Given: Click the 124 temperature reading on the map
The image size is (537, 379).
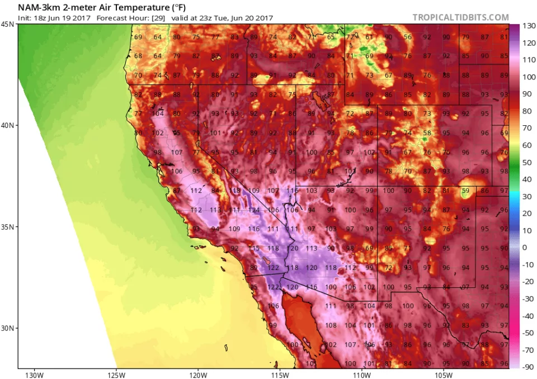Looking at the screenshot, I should tap(255, 210).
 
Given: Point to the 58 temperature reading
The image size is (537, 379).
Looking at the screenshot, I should tap(427, 133).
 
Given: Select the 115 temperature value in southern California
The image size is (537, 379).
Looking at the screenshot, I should tap(255, 248).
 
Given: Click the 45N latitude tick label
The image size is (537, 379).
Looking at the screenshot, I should tap(8, 25).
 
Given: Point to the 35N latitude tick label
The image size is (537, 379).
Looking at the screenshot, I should tap(8, 227).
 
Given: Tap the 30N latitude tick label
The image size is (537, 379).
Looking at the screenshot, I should tap(8, 328).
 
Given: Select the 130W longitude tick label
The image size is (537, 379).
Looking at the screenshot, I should tap(34, 373).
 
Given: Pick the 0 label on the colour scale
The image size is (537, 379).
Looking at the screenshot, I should tap(525, 247).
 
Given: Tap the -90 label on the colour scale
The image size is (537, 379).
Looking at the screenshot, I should tap(527, 367).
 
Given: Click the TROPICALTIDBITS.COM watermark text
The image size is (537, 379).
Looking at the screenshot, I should tap(460, 17).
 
